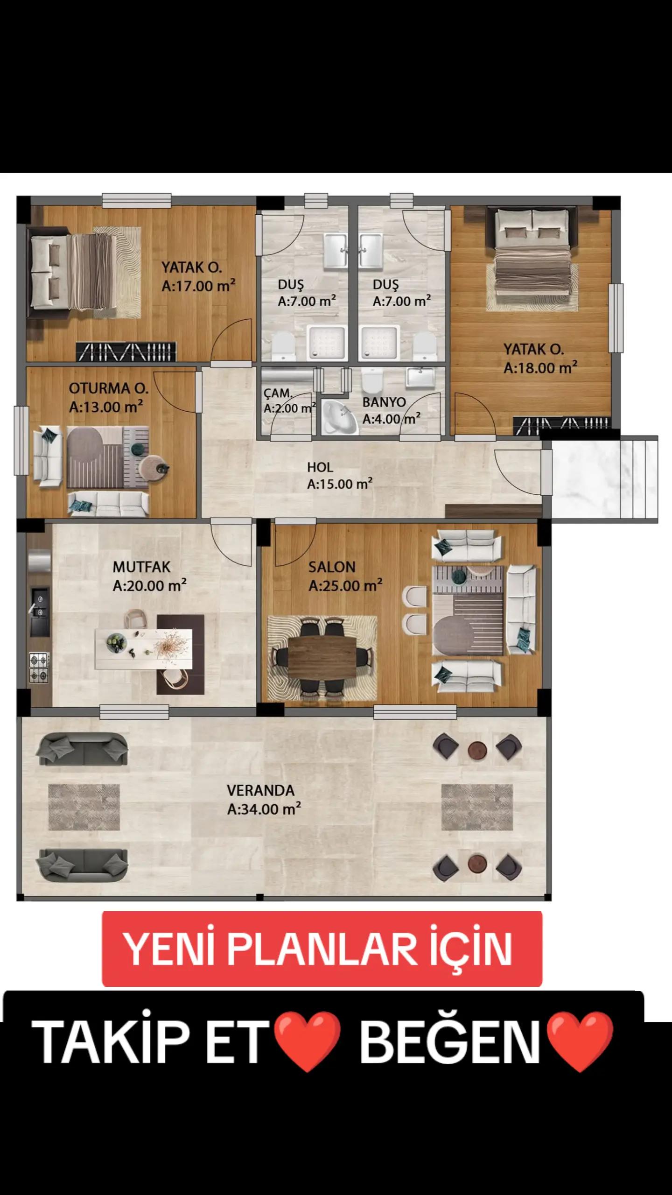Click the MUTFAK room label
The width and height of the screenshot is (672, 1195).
(x=141, y=567)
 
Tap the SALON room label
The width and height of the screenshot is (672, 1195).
(x=332, y=567)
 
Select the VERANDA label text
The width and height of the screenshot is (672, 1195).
(x=261, y=791)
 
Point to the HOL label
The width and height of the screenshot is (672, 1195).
(x=320, y=467)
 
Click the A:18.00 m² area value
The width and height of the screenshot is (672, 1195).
(x=540, y=368)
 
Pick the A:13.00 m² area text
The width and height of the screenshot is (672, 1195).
(x=106, y=407)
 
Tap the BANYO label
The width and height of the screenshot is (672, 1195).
(x=384, y=402)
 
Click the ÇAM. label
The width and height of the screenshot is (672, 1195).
(x=278, y=394)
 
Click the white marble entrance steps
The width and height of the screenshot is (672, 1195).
(x=605, y=478)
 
